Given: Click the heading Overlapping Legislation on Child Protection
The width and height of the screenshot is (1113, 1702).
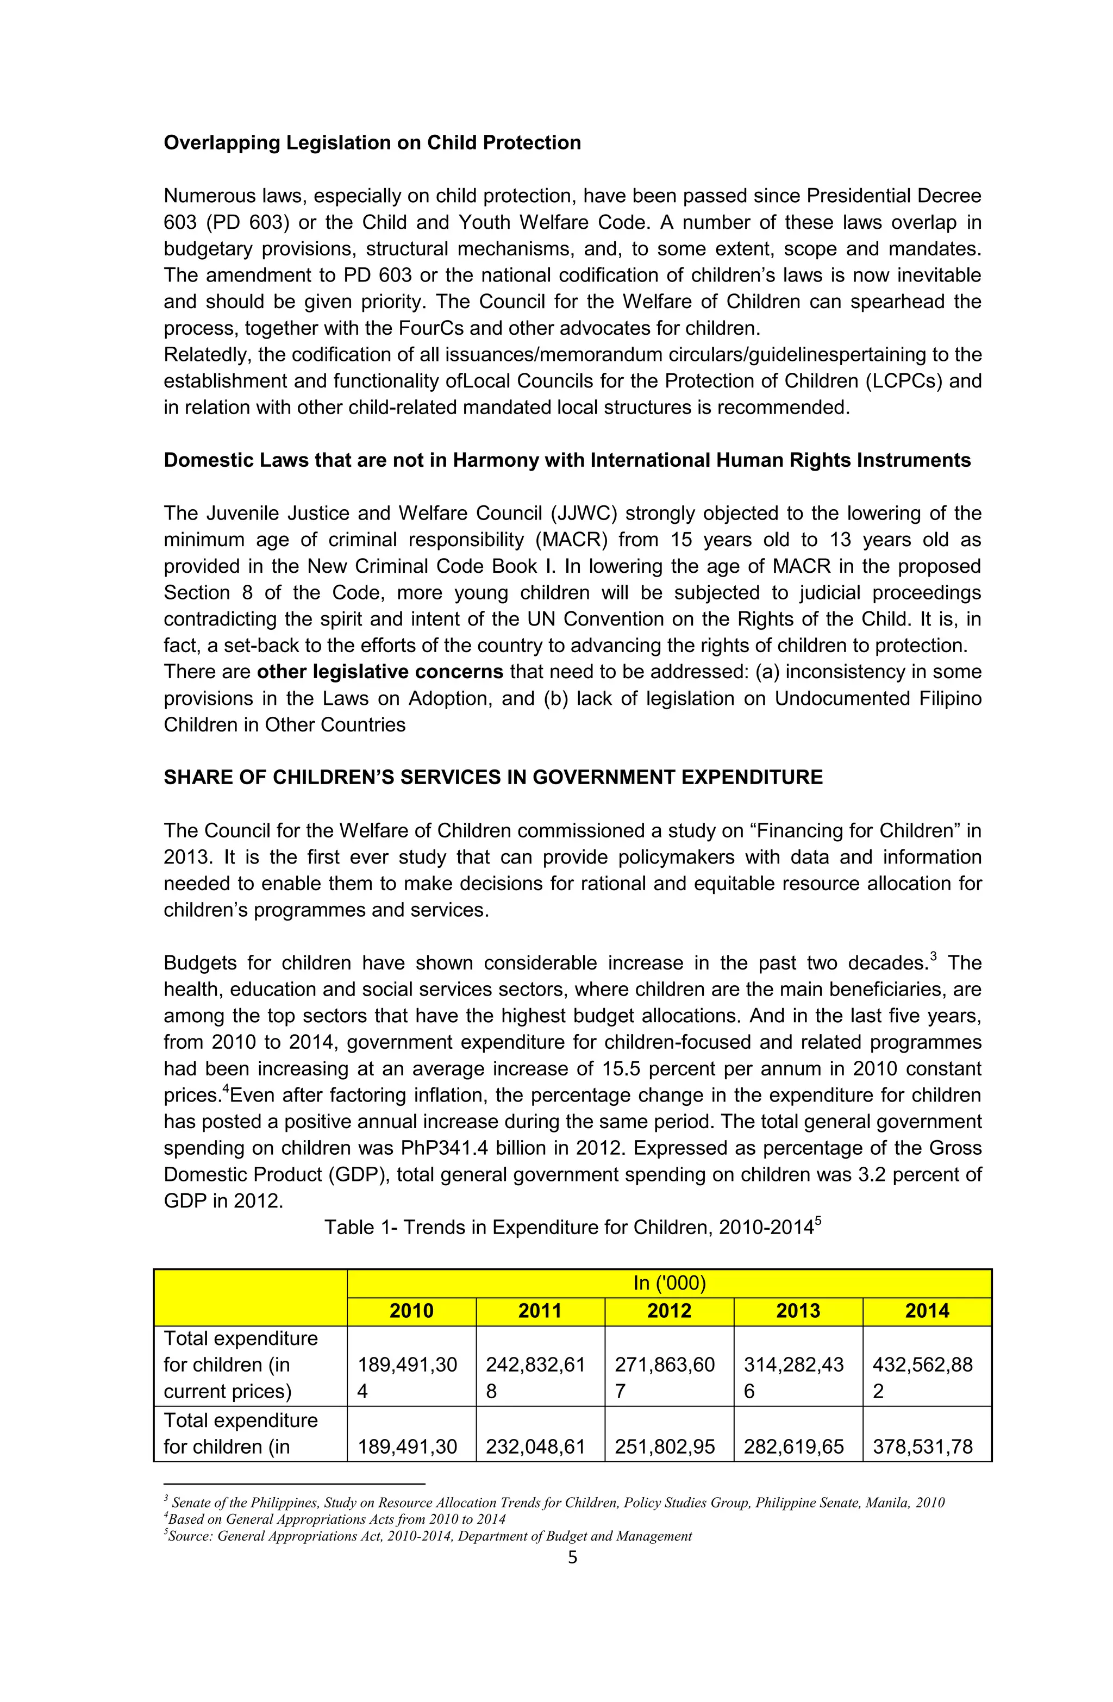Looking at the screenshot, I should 372,143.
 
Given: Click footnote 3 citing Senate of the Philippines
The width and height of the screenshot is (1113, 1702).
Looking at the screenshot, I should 554,1503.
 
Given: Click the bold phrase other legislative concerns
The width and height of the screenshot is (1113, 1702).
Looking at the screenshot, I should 380,672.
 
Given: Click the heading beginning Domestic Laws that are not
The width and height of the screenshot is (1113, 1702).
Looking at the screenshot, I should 566,460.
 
